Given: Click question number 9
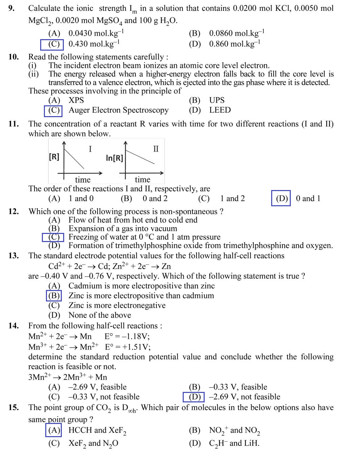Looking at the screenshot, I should coord(11,8).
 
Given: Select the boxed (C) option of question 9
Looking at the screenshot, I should coord(52,44).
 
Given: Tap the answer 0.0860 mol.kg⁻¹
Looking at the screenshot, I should coord(236,33).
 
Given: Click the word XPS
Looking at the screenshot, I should coord(76,100).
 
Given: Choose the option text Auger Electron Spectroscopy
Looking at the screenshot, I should coord(119,110).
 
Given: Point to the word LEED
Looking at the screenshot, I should coord(220,110).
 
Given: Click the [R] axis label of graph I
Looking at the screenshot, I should coord(54,157).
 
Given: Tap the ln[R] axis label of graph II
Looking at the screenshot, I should coord(114,158).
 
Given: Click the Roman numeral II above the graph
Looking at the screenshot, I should coord(156,149).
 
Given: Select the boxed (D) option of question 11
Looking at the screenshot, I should coord(281,198).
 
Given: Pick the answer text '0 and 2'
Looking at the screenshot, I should coord(155,198).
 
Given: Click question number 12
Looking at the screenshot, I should coord(14,212).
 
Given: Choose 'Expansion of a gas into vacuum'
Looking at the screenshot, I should coord(123,229).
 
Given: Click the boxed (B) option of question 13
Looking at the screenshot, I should coord(54,296).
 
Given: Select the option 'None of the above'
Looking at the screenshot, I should coord(100,315).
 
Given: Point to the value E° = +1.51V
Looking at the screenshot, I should coord(128,347).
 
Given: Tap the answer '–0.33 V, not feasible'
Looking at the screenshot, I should coord(104,397).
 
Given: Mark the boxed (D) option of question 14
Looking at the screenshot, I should coord(194,397).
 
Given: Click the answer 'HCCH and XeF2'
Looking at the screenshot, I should coord(97,430).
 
